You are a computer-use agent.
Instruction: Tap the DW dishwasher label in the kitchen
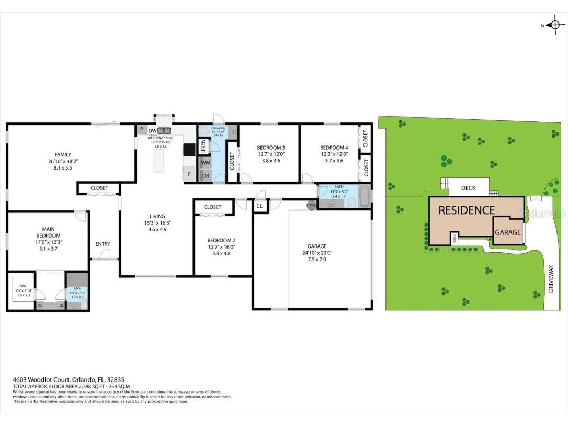(152, 131)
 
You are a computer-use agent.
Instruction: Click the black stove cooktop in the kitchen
(188, 150)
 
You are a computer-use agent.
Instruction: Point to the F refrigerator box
(189, 174)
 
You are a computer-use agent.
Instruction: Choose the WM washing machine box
(205, 163)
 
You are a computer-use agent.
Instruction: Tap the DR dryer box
(205, 176)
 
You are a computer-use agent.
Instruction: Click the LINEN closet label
(203, 147)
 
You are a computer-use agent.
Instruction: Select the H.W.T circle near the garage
(311, 205)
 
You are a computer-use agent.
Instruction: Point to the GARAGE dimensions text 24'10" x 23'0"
(317, 253)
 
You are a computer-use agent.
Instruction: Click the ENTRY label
(103, 244)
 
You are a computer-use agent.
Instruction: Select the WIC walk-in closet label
(24, 286)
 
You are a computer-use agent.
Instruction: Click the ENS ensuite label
(76, 287)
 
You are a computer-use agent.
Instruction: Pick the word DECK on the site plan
(468, 188)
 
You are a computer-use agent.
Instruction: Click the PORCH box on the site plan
(455, 238)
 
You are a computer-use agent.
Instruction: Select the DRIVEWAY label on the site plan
(550, 279)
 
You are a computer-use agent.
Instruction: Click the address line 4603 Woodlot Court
(68, 379)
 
